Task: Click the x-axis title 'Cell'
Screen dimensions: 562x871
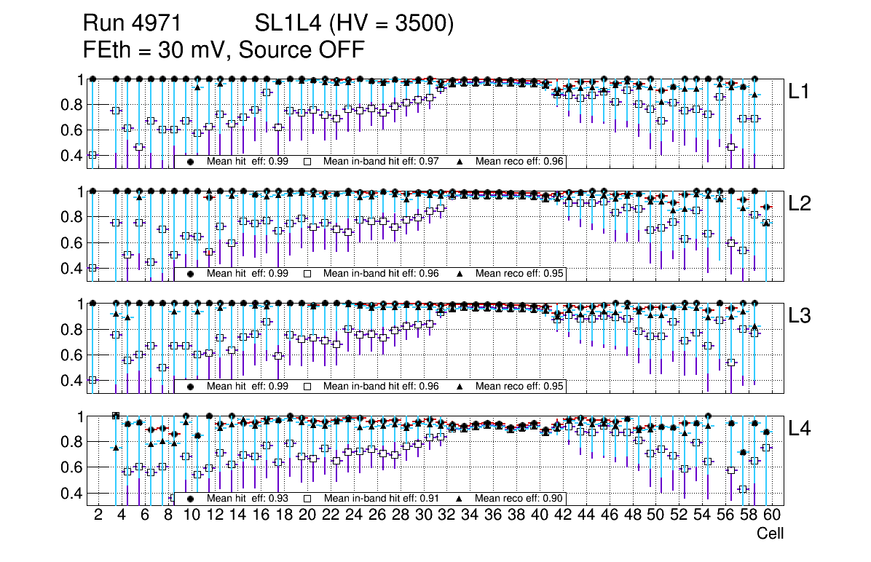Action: (x=770, y=534)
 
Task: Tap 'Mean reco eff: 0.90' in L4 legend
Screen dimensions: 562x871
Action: (x=520, y=499)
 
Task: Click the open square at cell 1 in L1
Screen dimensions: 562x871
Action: (x=92, y=155)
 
